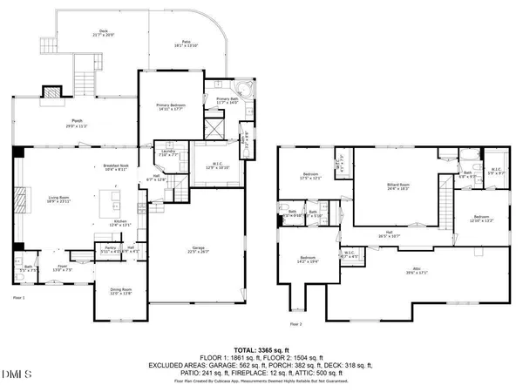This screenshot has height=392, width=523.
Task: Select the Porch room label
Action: (x=77, y=122)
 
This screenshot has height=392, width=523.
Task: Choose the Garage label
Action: (x=199, y=249)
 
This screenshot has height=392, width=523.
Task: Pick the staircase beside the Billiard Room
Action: (x=447, y=206)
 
